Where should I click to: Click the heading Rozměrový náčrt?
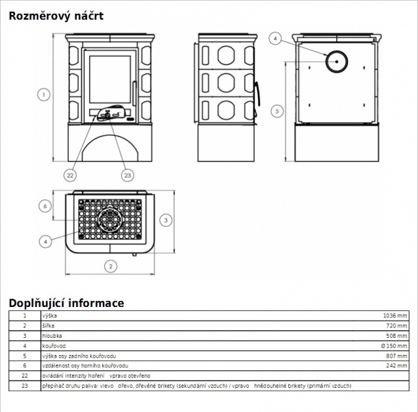(x=56, y=16)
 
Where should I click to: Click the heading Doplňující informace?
(x=67, y=304)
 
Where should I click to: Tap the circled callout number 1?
(x=44, y=94)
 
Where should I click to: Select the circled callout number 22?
(x=70, y=175)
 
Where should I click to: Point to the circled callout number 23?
(x=128, y=175)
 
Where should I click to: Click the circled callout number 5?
(x=277, y=111)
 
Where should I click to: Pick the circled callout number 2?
(x=111, y=266)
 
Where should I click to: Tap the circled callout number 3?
(x=166, y=220)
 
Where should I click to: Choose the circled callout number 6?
(x=45, y=206)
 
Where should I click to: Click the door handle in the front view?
(x=134, y=93)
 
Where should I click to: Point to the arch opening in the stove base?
(x=111, y=135)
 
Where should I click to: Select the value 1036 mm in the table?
(x=395, y=316)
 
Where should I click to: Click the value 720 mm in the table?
(x=397, y=325)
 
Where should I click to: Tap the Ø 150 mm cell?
(x=394, y=346)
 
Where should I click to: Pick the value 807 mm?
(x=397, y=356)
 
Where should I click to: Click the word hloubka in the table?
(x=52, y=336)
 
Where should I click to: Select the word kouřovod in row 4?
(x=54, y=346)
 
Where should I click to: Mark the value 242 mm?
(x=397, y=365)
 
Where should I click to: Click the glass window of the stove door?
(x=110, y=80)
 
